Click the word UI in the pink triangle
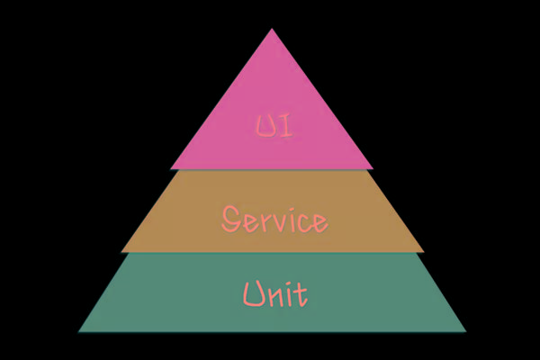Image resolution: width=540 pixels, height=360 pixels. coord(272,126)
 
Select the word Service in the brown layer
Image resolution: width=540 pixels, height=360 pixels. coord(274,218)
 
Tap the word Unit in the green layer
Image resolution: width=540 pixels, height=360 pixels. coord(274,292)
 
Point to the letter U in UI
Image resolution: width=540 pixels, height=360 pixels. coord(263,126)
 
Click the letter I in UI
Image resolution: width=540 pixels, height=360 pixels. coord(283,126)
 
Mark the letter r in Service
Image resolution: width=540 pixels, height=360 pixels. coord(264,220)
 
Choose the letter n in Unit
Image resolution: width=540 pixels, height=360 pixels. coord(275,296)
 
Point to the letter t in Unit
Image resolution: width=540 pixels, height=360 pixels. coord(301,292)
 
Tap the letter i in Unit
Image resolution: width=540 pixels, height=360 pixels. coord(290,293)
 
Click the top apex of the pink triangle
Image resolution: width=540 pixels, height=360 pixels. coord(272,29)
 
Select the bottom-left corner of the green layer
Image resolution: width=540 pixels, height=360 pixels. coord(78,331)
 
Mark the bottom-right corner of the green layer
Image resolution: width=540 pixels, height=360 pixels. coord(466,331)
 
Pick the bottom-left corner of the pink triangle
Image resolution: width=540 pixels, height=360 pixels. coord(170,169)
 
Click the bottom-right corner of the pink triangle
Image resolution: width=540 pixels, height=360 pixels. coord(373,169)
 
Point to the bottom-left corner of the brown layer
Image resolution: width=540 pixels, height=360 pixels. coord(121,251)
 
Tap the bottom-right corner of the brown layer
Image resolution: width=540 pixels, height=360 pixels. coord(424,251)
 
